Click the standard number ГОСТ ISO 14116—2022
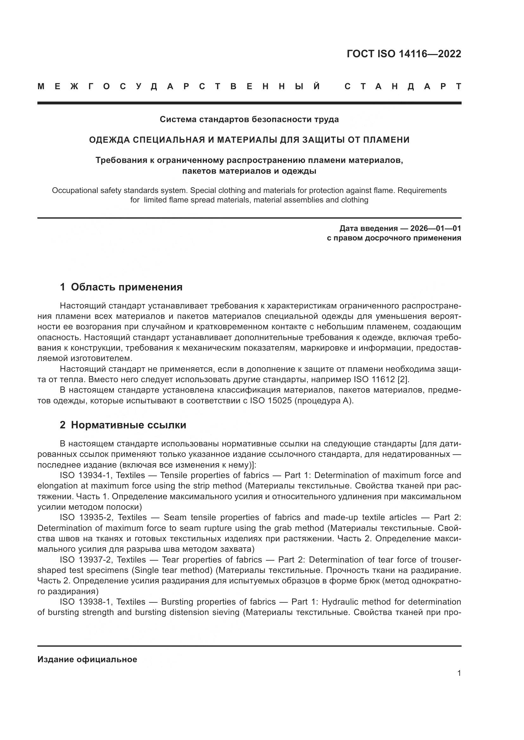[404, 54]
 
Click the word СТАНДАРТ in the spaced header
[403, 86]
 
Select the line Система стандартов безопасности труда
[249, 120]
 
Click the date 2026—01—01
[435, 228]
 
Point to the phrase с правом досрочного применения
[394, 238]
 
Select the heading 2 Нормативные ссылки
[123, 425]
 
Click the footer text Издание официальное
[87, 659]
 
